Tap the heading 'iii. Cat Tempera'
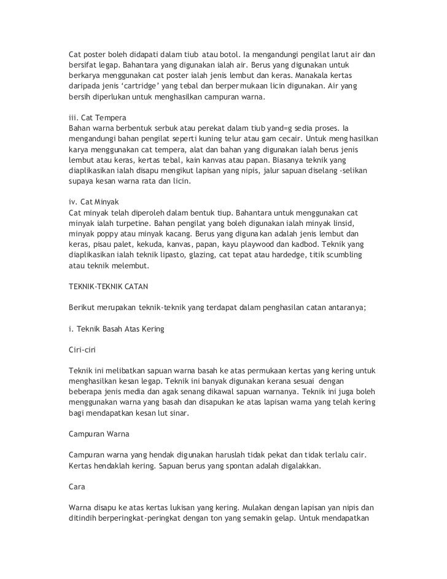pyautogui.click(x=96, y=117)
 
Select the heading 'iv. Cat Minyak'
pyautogui.click(x=95, y=201)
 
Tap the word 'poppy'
pyautogui.click(x=109, y=235)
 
